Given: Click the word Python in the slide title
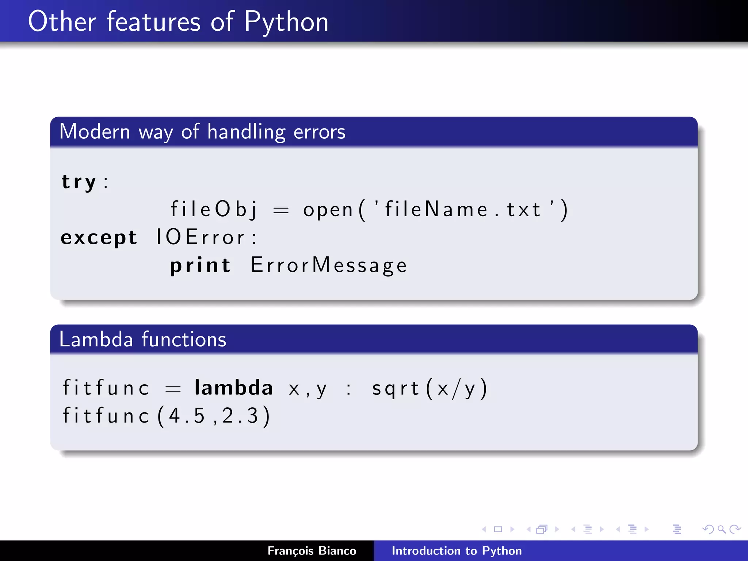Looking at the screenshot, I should pos(286,22).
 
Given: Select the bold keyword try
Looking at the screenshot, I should pos(79,182).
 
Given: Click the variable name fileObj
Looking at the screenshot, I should pos(214,210).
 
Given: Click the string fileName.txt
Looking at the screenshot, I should pos(462,210).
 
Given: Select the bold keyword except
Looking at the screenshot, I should pos(99,238).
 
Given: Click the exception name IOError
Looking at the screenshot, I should pos(201,237).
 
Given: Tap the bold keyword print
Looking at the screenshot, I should pos(201,266).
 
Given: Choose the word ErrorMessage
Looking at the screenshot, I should pos(329,266).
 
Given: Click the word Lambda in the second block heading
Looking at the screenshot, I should pos(96,339).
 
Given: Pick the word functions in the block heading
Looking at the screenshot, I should pos(184,339).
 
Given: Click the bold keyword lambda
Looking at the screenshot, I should pos(234,388).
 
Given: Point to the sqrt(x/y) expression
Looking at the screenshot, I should pos(430,389).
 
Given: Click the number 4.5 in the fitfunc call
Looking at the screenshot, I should pos(187,416).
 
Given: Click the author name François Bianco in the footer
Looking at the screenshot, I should pos(312,551).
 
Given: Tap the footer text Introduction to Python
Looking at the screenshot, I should pos(457,551).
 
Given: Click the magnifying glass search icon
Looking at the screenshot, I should pos(721,529).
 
